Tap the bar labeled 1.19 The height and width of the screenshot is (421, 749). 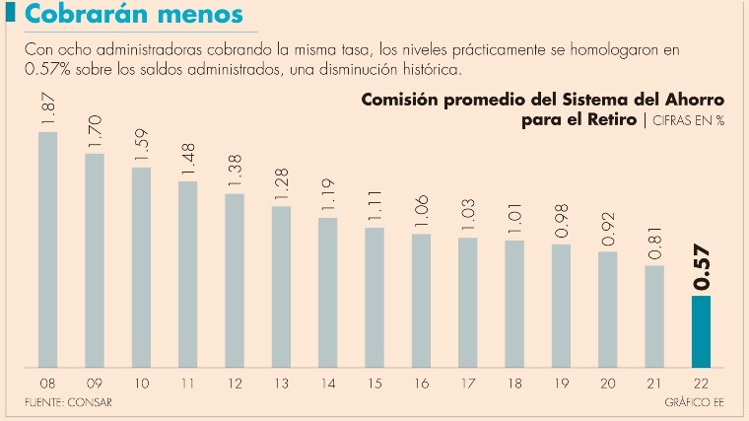coord(328,292)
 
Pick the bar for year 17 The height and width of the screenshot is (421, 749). coord(468,302)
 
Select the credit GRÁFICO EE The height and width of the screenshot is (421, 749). coord(693,403)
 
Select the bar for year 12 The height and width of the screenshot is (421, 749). coord(235,280)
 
